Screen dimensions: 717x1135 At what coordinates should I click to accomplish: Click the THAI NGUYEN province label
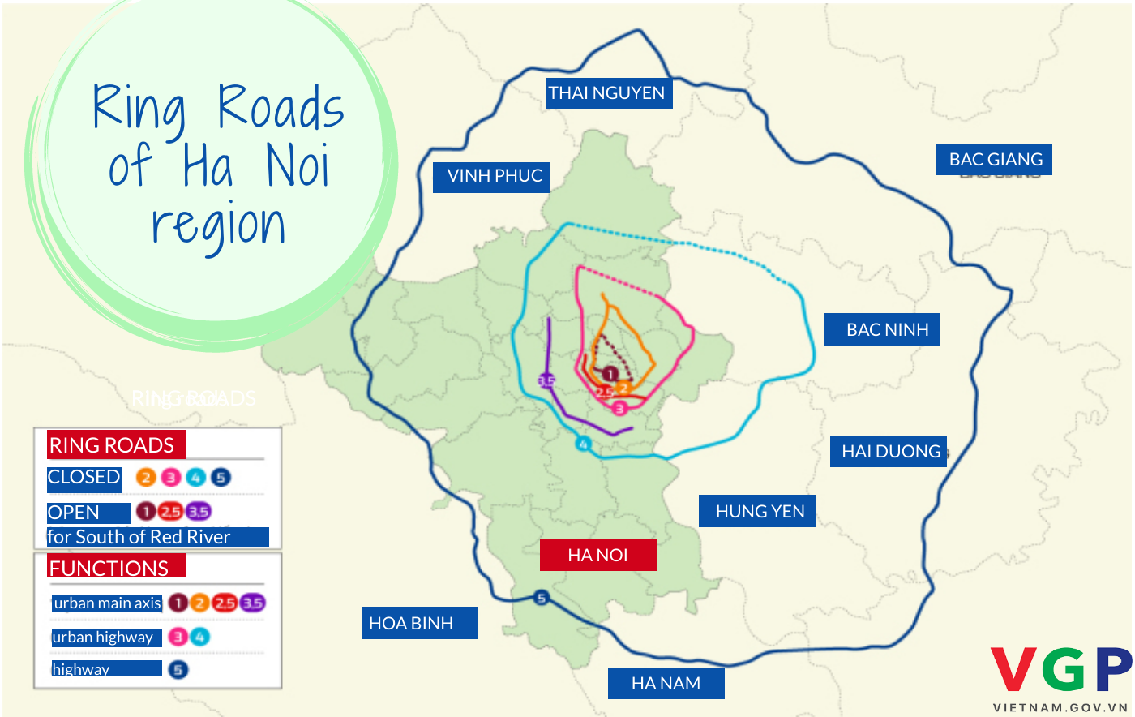click(x=606, y=92)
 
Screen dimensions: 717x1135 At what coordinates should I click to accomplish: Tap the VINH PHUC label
click(x=494, y=176)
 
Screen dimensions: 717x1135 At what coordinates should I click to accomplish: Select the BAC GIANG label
click(x=995, y=159)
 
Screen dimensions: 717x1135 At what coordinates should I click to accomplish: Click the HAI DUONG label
click(x=890, y=451)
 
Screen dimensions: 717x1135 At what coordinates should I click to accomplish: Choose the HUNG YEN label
click(x=758, y=511)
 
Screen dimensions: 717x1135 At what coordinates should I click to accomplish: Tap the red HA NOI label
click(x=597, y=555)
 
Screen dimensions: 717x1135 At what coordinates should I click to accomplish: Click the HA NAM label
click(x=666, y=683)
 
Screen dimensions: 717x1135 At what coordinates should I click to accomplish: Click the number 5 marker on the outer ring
click(x=542, y=599)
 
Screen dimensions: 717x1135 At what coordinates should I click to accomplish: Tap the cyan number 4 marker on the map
click(x=583, y=444)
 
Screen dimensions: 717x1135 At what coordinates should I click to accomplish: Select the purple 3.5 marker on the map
click(x=546, y=380)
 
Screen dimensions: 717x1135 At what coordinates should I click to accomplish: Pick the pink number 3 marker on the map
click(x=619, y=408)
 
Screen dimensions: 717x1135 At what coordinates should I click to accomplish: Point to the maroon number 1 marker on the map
click(x=610, y=374)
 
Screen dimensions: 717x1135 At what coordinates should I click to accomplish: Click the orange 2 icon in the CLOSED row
click(x=146, y=477)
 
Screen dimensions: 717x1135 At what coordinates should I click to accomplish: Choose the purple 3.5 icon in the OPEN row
click(x=199, y=511)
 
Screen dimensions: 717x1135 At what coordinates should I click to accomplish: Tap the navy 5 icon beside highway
click(x=178, y=669)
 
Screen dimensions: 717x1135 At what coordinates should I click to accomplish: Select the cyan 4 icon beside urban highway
click(x=199, y=637)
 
